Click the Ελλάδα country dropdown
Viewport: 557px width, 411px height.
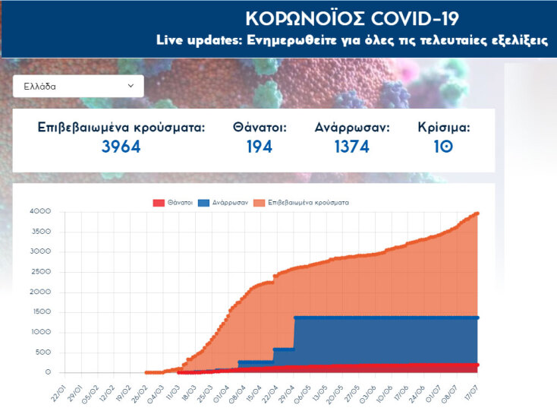click(x=78, y=86)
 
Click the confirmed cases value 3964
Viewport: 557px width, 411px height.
click(x=121, y=147)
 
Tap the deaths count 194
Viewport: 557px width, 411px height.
click(x=260, y=147)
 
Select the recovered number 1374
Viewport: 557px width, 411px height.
click(x=352, y=147)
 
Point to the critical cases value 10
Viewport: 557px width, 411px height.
click(x=444, y=147)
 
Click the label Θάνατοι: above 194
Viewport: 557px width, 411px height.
click(x=260, y=128)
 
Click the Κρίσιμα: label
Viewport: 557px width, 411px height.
click(x=444, y=128)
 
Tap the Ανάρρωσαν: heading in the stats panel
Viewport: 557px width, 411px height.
click(x=352, y=128)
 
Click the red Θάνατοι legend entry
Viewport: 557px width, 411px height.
click(x=172, y=203)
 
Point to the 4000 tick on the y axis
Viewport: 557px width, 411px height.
click(x=39, y=211)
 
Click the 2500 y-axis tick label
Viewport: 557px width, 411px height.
click(x=39, y=272)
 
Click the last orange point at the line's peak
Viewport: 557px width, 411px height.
click(x=477, y=213)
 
